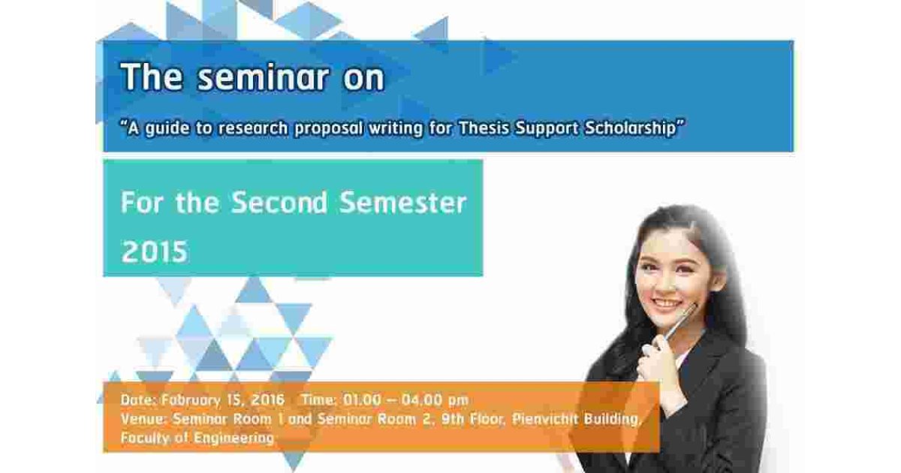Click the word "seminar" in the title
click(264, 77)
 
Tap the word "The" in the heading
click(152, 77)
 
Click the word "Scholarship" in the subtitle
click(630, 128)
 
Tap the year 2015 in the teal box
click(155, 252)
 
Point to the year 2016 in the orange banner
click(267, 399)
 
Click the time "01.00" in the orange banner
click(362, 399)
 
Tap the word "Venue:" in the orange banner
click(143, 419)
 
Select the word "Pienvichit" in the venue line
click(544, 419)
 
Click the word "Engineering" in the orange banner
click(234, 438)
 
